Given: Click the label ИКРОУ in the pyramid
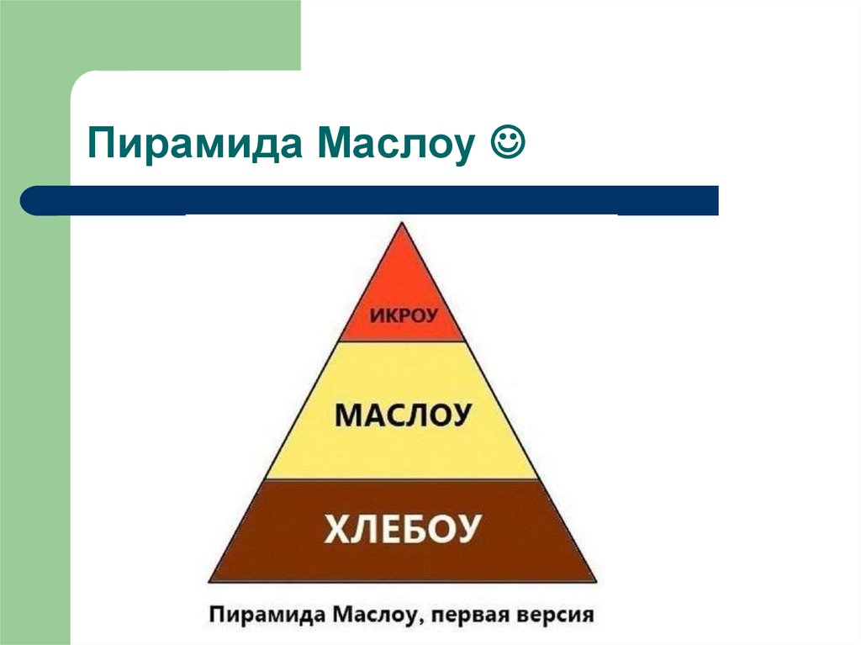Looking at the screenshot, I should pyautogui.click(x=402, y=317).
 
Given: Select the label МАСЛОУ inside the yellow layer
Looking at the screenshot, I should pyautogui.click(x=402, y=416).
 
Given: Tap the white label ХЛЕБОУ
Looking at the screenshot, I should pyautogui.click(x=402, y=529).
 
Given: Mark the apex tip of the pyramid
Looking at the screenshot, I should pyautogui.click(x=402, y=224).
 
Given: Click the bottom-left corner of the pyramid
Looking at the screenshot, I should pyautogui.click(x=209, y=581).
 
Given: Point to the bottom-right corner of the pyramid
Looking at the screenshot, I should pyautogui.click(x=594, y=581).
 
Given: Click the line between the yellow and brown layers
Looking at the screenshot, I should pyautogui.click(x=402, y=479).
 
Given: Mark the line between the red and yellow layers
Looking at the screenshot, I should pyautogui.click(x=402, y=341).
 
